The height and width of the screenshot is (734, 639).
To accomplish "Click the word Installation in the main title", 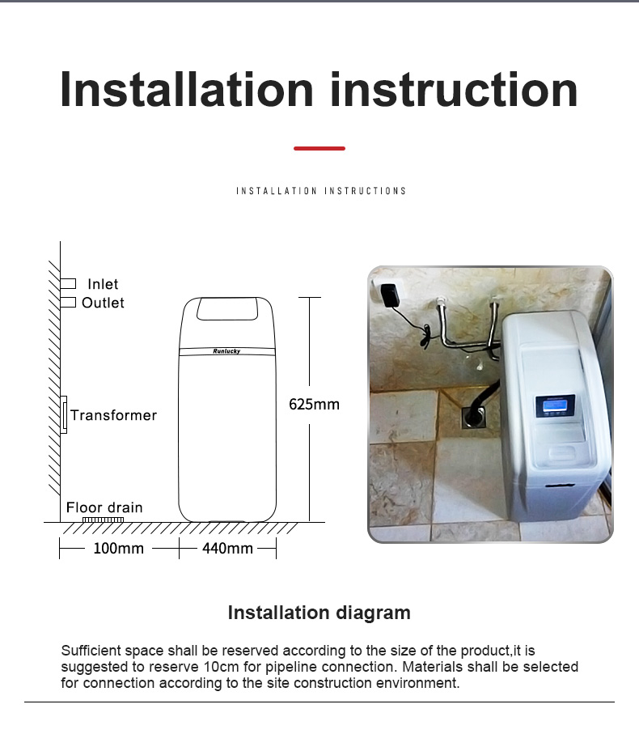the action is point(187,89).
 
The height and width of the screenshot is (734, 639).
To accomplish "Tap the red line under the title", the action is point(319,148).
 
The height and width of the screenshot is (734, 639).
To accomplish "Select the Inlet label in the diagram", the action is point(103,284).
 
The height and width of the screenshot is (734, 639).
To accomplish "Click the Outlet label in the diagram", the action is point(103,303).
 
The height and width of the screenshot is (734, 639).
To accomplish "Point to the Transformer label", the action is point(114,415).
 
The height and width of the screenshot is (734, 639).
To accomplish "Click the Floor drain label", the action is point(104,507).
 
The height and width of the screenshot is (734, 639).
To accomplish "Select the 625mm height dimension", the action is point(314,404).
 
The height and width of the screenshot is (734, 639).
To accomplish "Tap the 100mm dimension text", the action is point(118,548).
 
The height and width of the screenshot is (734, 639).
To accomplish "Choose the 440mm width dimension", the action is point(227,548).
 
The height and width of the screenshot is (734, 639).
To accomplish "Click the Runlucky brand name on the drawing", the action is point(226,351).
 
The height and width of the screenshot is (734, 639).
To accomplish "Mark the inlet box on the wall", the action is point(68,284).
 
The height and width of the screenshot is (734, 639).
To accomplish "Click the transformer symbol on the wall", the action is point(64,415).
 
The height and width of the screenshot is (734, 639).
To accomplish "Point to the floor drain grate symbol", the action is point(103,520).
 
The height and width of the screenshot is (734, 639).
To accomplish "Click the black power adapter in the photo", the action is point(389,295).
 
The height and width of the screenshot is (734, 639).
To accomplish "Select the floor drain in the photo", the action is point(473,418).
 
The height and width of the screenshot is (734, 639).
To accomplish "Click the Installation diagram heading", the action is point(319,613).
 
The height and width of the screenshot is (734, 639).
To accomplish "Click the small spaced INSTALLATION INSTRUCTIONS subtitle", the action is point(321,191).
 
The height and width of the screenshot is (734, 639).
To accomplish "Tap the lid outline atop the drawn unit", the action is point(227,309).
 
